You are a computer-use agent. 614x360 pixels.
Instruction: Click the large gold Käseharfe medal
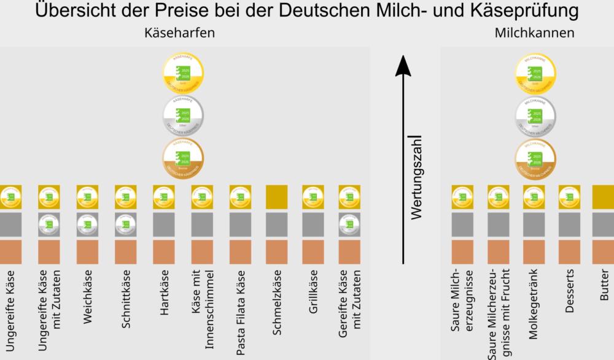pos(182,74)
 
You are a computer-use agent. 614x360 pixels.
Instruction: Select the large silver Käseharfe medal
pos(182,115)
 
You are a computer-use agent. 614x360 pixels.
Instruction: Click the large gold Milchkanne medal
pos(536,74)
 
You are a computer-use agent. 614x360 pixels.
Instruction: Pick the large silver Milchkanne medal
pos(536,115)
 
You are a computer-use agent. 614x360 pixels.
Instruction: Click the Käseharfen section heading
pos(179,34)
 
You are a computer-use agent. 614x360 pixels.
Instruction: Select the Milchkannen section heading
pos(534,34)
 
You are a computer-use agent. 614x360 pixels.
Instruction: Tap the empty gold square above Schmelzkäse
pos(277,197)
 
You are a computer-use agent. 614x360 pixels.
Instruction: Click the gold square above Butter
pos(603,197)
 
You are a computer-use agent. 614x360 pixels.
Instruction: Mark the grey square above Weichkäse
pos(87,225)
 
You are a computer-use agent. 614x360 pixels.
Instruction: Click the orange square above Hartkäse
pos(163,252)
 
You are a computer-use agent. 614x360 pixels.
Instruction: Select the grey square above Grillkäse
pos(313,225)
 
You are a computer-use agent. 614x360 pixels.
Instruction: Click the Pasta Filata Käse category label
pos(240,313)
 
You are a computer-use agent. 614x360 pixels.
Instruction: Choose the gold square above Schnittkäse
pos(125,197)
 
